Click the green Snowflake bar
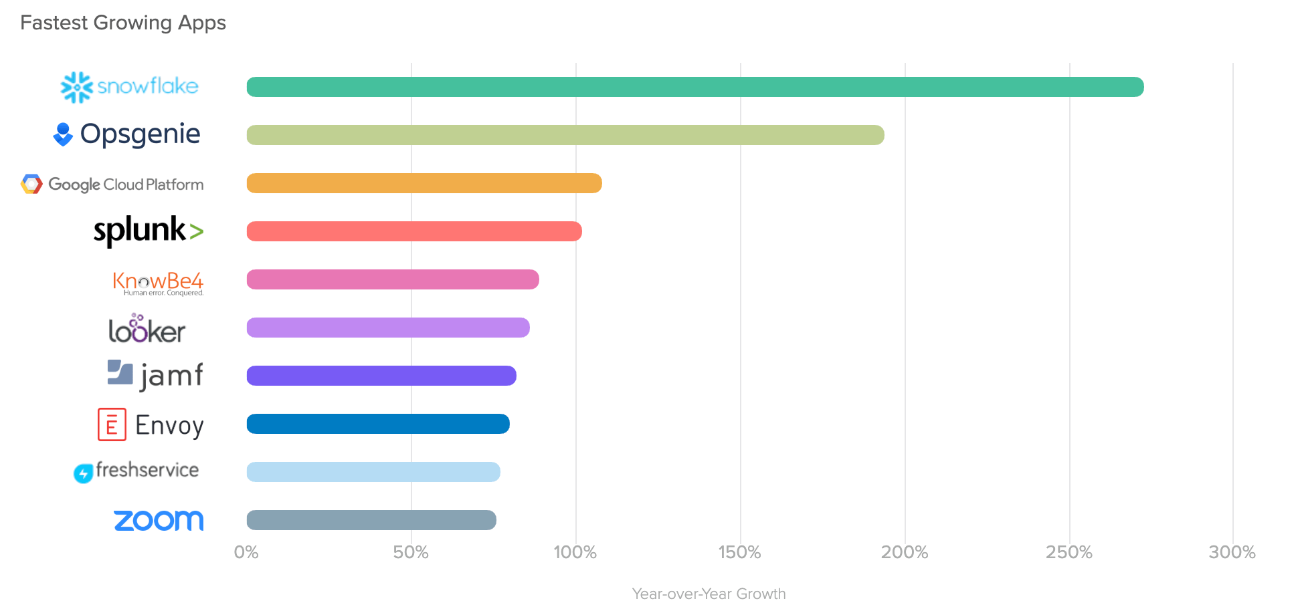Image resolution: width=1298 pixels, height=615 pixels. point(694,87)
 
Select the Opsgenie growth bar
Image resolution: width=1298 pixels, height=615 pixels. point(565,135)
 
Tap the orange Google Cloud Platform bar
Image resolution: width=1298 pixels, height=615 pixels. point(424,183)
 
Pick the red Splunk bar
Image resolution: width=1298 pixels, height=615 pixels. point(414,231)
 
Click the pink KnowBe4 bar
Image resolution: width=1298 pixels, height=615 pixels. point(393,279)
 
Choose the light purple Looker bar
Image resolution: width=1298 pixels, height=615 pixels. point(388,328)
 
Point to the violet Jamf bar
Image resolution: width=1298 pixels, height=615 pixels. point(381,376)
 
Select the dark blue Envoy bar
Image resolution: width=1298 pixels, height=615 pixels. point(378,424)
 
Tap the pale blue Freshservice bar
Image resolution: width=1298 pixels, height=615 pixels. point(373,472)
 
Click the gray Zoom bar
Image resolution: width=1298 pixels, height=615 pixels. point(371,520)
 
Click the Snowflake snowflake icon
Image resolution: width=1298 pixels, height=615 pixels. point(76,87)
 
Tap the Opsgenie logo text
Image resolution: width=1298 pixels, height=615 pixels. point(141,134)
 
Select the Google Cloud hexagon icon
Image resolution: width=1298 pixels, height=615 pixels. point(31,184)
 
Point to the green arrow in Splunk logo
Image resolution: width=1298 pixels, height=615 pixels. point(196,232)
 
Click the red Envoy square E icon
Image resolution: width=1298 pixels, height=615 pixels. point(112,424)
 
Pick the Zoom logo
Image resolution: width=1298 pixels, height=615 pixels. point(159,520)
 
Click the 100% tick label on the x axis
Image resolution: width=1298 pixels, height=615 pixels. point(575,552)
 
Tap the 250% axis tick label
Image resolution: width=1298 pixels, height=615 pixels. point(1069,552)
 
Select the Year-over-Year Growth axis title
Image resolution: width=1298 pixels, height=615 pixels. point(709,594)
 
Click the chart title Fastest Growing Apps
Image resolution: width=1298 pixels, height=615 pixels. point(123,23)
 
